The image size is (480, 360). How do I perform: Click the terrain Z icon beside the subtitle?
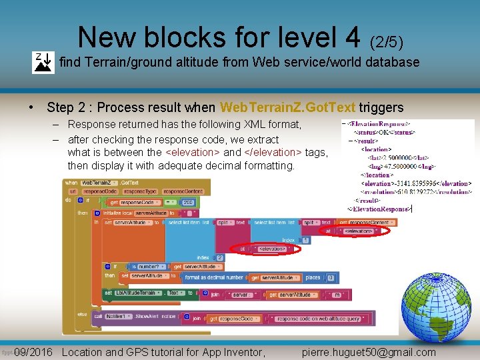(x=43, y=62)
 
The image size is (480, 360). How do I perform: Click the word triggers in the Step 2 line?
(x=381, y=107)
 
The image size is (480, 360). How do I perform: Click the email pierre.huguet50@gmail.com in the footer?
(x=369, y=352)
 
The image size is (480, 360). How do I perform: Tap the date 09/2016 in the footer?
(x=33, y=352)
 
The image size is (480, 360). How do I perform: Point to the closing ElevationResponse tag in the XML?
(x=378, y=209)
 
